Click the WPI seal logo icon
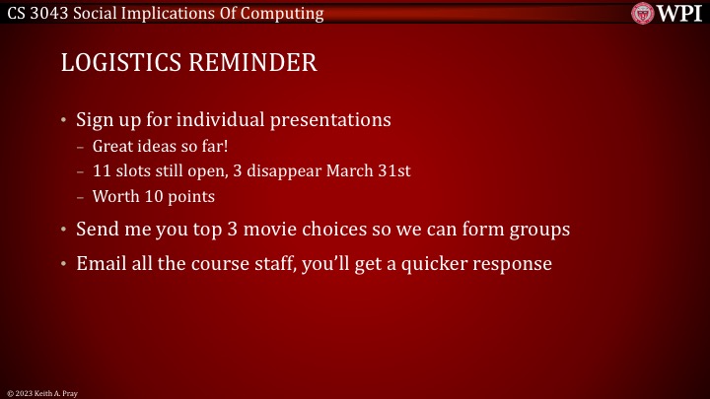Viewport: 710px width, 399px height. point(644,13)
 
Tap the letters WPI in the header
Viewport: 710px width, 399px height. point(680,13)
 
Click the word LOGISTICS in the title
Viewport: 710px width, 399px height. point(119,63)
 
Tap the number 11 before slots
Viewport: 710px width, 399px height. point(102,170)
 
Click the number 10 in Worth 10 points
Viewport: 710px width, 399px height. point(151,196)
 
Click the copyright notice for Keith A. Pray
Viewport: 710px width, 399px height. point(41,392)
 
